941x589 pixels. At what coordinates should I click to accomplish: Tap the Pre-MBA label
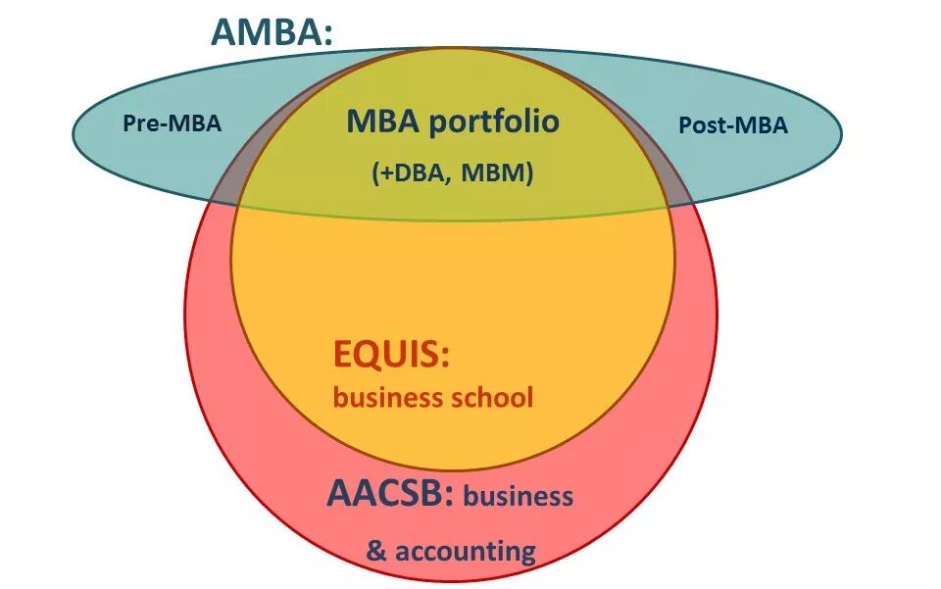coord(172,124)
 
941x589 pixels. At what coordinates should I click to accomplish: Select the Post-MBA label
coord(733,125)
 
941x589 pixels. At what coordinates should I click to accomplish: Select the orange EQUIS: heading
coord(391,354)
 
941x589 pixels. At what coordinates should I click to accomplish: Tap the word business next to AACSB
coord(519,496)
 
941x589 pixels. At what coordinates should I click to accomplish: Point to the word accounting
coord(465,550)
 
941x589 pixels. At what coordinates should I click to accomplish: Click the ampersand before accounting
coord(377,550)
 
